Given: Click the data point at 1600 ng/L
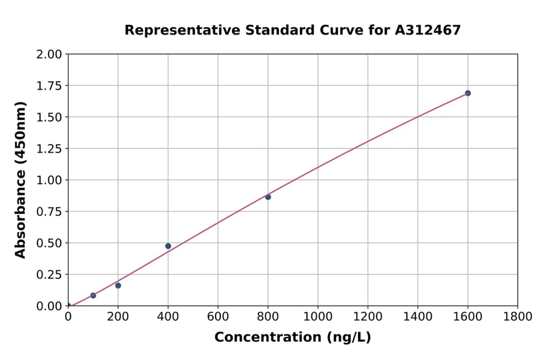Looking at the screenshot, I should click(467, 93).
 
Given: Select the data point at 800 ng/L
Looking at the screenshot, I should click(268, 197).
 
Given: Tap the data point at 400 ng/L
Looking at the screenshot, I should click(168, 246).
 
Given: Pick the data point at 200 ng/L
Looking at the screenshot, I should click(118, 285).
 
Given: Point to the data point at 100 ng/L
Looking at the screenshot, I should click(93, 296).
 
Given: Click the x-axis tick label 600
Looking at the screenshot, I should click(218, 316).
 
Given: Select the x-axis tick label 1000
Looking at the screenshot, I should click(318, 316).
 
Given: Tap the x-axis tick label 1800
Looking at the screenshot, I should click(518, 316).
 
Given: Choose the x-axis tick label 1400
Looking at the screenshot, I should click(418, 316).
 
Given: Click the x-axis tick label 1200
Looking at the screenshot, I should click(368, 316).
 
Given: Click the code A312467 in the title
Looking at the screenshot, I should click(428, 30).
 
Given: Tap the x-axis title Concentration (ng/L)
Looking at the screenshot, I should click(292, 338).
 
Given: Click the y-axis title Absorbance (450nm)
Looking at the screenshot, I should click(21, 180).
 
